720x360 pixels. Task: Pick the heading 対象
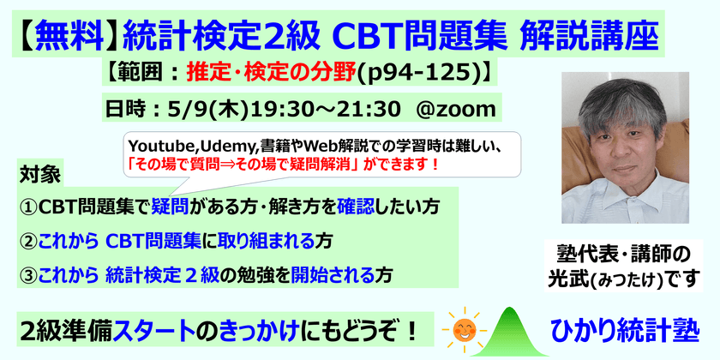39,176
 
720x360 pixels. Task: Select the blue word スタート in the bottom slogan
170,329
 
